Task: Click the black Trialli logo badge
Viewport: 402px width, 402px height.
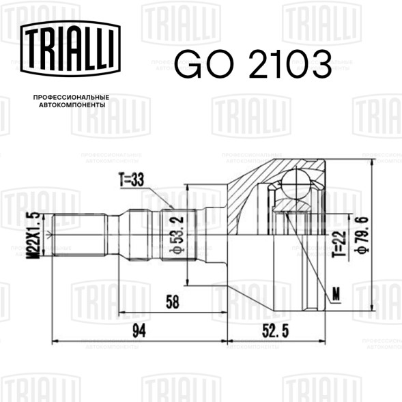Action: coord(70,48)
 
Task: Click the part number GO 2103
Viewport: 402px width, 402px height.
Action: coord(253,64)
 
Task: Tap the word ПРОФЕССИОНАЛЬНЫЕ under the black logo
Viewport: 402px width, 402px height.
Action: coord(71,98)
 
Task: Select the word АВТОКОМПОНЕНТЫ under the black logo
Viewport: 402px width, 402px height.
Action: coord(72,105)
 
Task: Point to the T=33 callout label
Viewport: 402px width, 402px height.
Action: coord(131,180)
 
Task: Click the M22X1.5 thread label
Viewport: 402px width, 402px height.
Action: coord(33,235)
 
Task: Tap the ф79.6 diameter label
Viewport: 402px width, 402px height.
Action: coord(362,235)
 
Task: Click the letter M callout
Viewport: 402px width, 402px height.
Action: coord(336,293)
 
